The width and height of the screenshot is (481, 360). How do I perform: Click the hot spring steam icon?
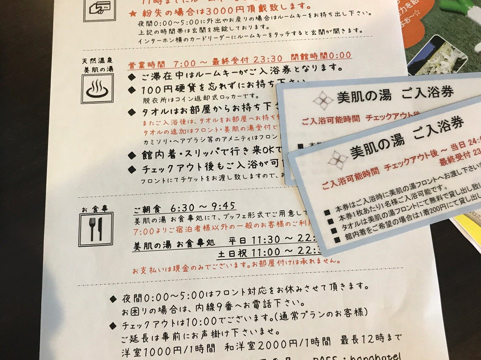[97, 89]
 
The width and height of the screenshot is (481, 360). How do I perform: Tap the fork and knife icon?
[96, 229]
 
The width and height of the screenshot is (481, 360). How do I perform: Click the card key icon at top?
[99, 8]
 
